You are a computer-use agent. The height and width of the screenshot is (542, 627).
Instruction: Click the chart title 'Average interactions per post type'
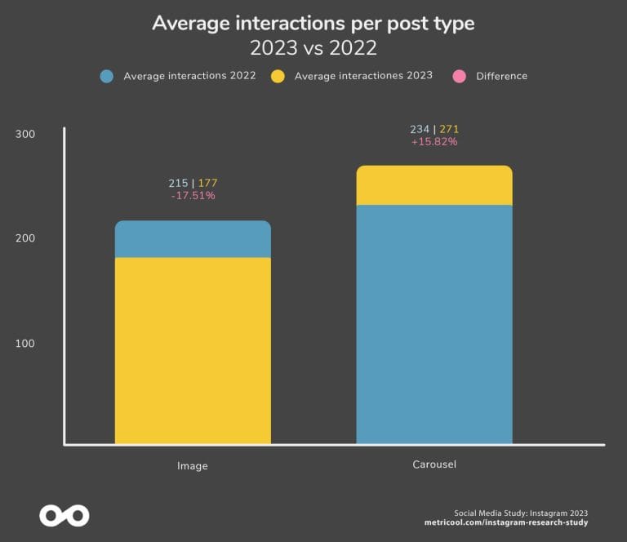pyautogui.click(x=313, y=23)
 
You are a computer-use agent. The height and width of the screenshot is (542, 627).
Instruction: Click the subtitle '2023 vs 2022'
pyautogui.click(x=313, y=48)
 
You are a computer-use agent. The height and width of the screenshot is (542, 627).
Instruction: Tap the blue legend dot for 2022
pyautogui.click(x=106, y=76)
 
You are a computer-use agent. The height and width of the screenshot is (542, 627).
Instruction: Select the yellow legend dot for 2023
pyautogui.click(x=278, y=76)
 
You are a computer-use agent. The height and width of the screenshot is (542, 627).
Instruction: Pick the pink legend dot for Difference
pyautogui.click(x=460, y=76)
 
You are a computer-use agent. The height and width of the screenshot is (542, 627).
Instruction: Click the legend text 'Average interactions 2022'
pyautogui.click(x=189, y=76)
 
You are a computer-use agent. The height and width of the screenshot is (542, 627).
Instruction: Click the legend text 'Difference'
pyautogui.click(x=501, y=76)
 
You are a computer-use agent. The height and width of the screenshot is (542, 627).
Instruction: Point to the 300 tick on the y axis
pyautogui.click(x=25, y=134)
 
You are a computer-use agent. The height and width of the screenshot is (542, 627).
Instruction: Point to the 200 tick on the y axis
pyautogui.click(x=25, y=238)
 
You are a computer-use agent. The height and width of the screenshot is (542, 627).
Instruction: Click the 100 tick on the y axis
pyautogui.click(x=25, y=344)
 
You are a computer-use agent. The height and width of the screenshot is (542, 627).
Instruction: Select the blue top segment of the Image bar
pyautogui.click(x=193, y=239)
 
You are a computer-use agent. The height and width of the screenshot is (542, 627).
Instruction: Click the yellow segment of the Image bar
pyautogui.click(x=193, y=351)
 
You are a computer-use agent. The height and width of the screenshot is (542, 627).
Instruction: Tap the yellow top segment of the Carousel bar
pyautogui.click(x=434, y=185)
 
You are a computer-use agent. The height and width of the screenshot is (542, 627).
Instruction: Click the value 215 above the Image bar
pyautogui.click(x=178, y=183)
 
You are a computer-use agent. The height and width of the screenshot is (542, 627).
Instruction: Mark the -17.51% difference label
pyautogui.click(x=193, y=196)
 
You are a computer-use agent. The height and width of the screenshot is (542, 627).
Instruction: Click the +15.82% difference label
pyautogui.click(x=434, y=141)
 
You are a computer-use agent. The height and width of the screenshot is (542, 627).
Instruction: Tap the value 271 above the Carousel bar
pyautogui.click(x=449, y=129)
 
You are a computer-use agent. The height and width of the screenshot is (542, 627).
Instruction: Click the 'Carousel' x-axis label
pyautogui.click(x=434, y=464)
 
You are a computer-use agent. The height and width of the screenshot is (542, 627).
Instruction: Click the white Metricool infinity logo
pyautogui.click(x=64, y=516)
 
